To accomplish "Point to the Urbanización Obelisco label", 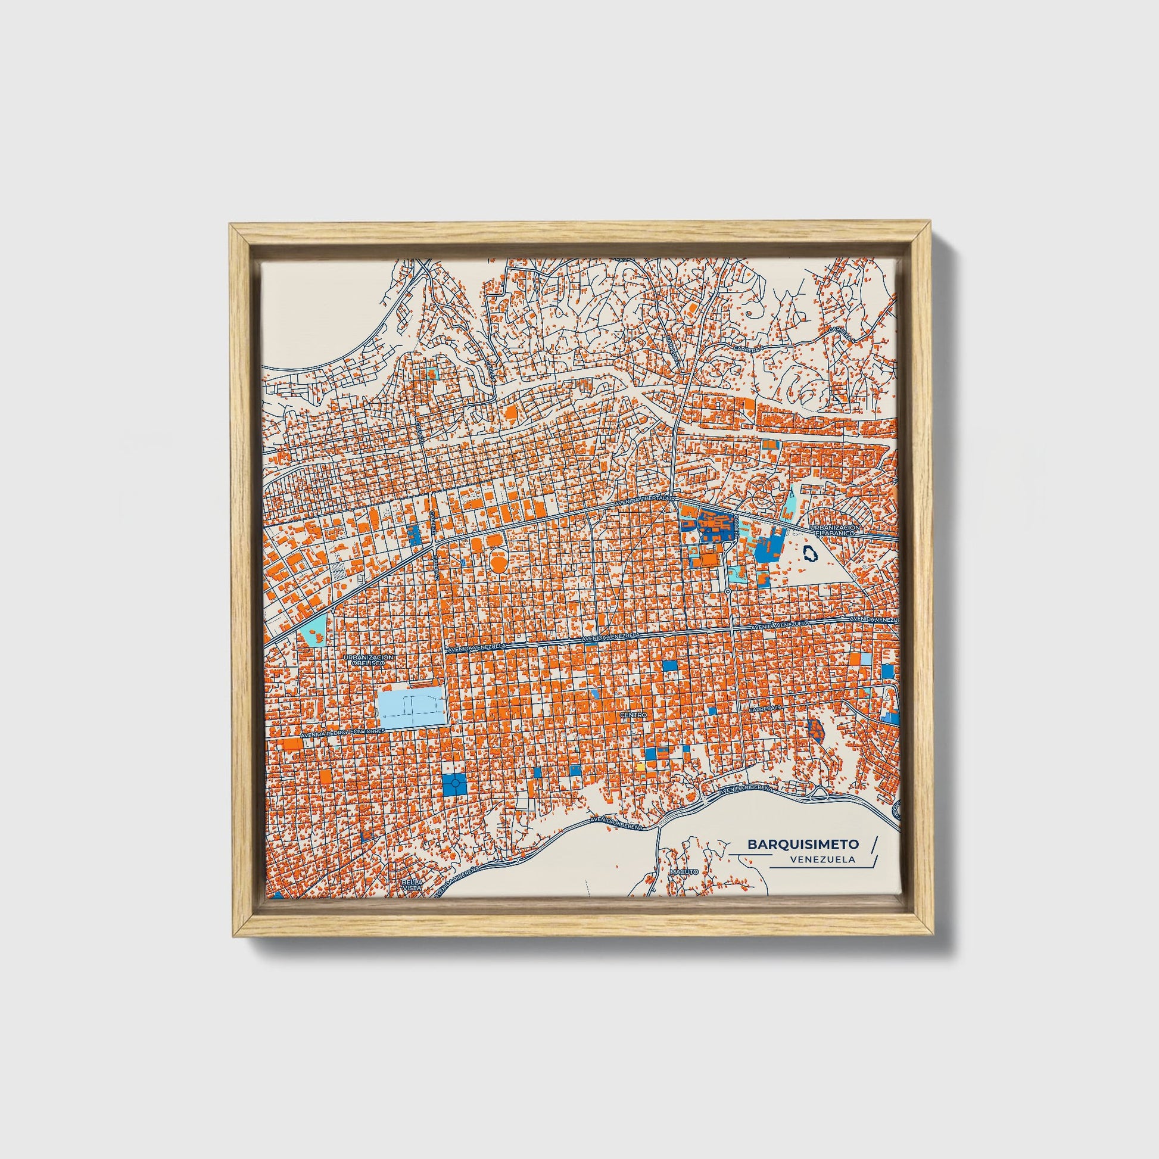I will tap(369, 660).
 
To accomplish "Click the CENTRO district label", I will tap(633, 716).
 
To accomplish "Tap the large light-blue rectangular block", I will tap(413, 709).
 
